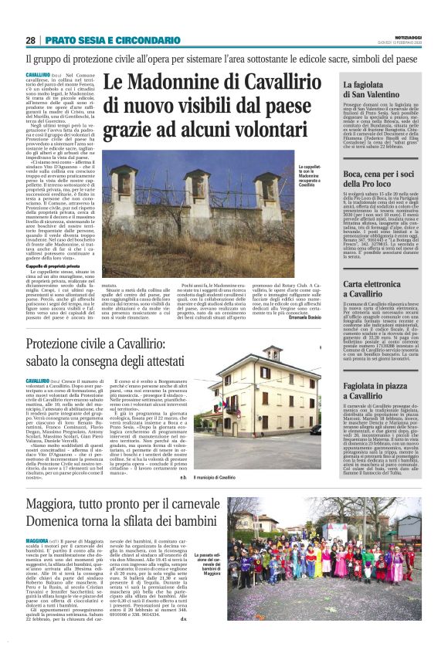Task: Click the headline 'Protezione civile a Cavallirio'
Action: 154,349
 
